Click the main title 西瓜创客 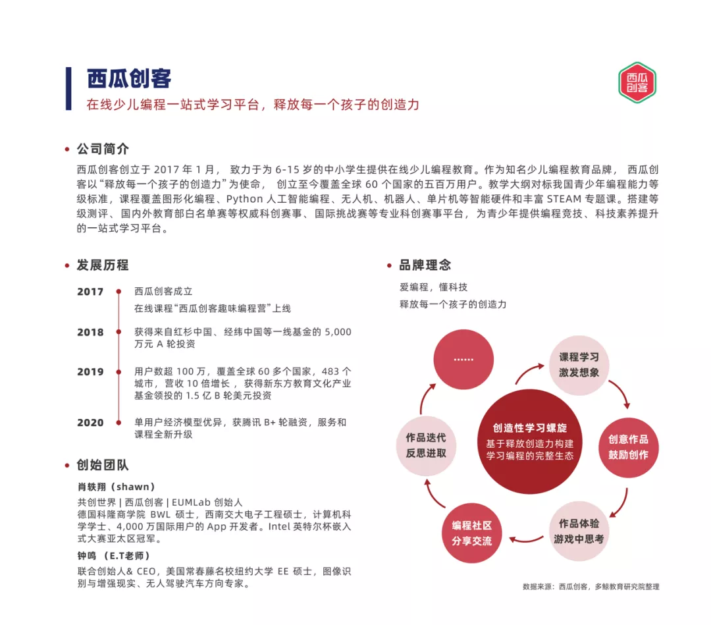pos(129,79)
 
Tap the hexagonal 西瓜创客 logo pos(637,82)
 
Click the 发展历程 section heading pos(103,265)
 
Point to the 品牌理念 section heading pos(425,265)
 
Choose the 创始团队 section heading pos(103,465)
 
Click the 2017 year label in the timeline pos(90,292)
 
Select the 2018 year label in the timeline pos(90,332)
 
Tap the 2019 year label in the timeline pos(90,371)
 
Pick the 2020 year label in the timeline pos(90,422)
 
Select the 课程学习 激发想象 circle pos(579,364)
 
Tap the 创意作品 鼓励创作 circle pos(628,447)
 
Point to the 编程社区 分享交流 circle pos(471,533)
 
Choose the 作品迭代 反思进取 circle pos(425,445)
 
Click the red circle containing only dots pos(463,359)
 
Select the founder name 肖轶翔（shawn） pos(116,487)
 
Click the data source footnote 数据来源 pos(591,586)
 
